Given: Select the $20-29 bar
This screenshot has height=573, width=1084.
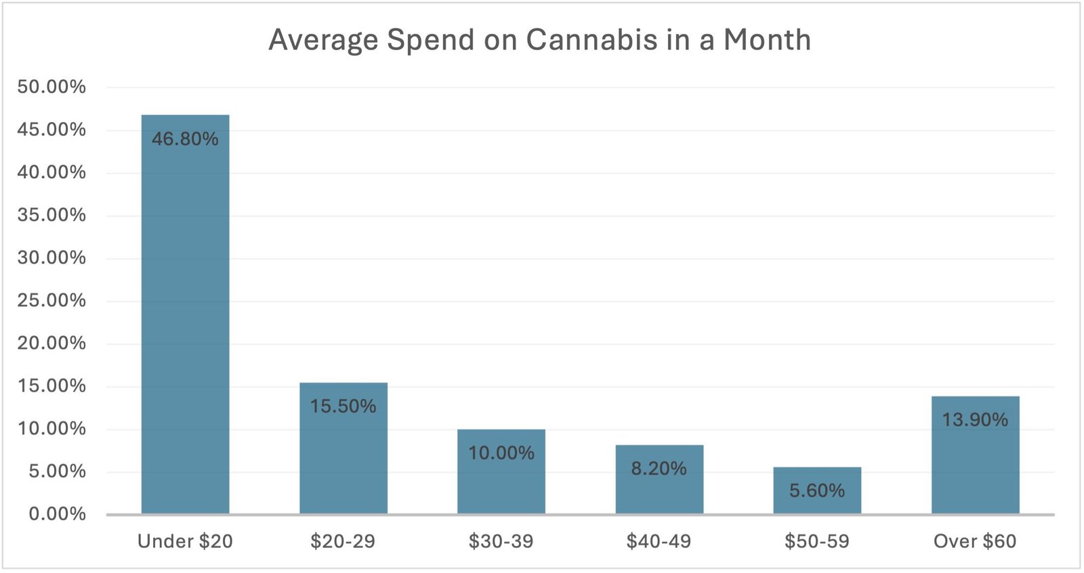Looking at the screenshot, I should pos(343,461).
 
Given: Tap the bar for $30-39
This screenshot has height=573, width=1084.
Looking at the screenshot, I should pos(501,484).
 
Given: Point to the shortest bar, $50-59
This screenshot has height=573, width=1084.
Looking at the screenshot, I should pos(817,505).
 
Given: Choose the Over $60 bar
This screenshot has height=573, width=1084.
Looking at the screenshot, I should pos(975,467).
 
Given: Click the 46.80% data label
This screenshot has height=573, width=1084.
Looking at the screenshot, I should pos(185,139).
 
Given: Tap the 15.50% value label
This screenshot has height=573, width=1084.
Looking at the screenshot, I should pos(343,406).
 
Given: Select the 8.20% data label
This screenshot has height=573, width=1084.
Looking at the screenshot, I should pos(659,469).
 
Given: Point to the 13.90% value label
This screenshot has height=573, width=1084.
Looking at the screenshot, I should pos(975,420).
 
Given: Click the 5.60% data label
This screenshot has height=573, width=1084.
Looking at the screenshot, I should pos(817,490).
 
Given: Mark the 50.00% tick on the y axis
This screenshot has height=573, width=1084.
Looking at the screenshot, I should pos(51,87).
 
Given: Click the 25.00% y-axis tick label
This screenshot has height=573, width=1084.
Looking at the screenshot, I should pos(51,300).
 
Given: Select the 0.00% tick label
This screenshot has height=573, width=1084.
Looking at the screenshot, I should pos(57,514).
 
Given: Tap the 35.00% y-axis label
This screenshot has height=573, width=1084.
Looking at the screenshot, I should pos(51,215).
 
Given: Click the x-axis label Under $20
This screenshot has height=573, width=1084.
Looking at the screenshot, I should pos(185,541).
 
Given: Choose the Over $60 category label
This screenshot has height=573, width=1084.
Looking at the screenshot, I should pos(975,541).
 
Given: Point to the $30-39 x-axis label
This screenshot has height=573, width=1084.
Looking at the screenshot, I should pos(501,541).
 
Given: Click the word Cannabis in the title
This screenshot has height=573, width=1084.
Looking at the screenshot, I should pos(591,40).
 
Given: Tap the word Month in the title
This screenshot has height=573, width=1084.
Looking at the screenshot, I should pos(767,40).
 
